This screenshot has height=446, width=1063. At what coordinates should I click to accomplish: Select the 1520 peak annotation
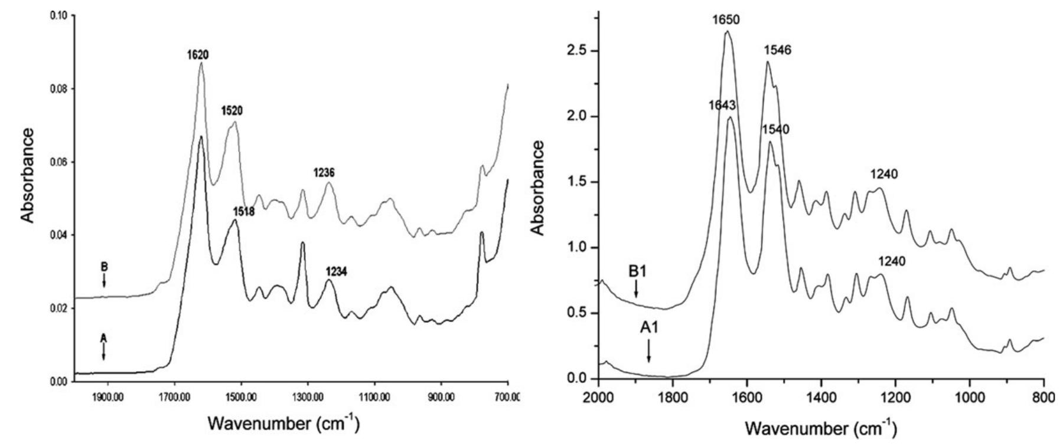[233, 110]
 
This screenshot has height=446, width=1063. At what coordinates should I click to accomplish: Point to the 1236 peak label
[324, 173]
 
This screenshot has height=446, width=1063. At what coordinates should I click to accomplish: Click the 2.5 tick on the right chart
[575, 51]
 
